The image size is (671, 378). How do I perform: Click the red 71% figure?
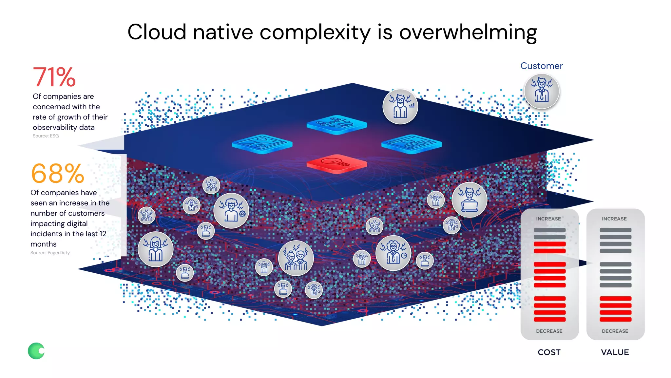pyautogui.click(x=54, y=77)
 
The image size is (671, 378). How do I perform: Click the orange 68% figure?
pyautogui.click(x=58, y=174)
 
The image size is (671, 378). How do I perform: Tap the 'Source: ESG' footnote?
pyautogui.click(x=46, y=136)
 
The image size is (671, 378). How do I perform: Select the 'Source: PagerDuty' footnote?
pyautogui.click(x=50, y=253)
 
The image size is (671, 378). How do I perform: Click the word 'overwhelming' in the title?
pyautogui.click(x=468, y=32)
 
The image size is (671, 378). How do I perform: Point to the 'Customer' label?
pyautogui.click(x=541, y=66)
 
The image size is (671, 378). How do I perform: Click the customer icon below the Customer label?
pyautogui.click(x=542, y=91)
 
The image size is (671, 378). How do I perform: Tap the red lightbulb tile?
pyautogui.click(x=336, y=163)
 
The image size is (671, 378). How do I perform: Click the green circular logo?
pyautogui.click(x=36, y=351)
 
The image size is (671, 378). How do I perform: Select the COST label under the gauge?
pyautogui.click(x=549, y=352)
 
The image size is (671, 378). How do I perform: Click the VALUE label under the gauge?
pyautogui.click(x=615, y=352)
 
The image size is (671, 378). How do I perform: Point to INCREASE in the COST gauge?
pyautogui.click(x=548, y=219)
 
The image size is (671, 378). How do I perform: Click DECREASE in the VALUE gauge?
pyautogui.click(x=615, y=331)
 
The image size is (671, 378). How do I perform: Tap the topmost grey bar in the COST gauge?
pyautogui.click(x=549, y=230)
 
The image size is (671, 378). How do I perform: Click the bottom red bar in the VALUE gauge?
pyautogui.click(x=615, y=319)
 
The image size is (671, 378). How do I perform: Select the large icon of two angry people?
pyautogui.click(x=296, y=258)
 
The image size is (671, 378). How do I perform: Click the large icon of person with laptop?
pyautogui.click(x=469, y=200)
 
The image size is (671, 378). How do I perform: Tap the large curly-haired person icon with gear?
pyautogui.click(x=231, y=211)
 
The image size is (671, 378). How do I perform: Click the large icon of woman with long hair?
pyautogui.click(x=156, y=249)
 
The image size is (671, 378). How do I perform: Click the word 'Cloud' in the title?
pyautogui.click(x=157, y=32)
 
